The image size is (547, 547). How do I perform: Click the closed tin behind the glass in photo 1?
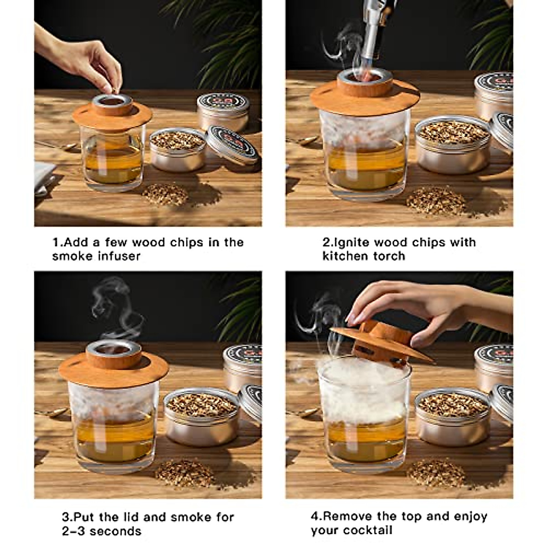(x=223, y=112)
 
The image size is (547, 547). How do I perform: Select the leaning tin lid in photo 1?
(x=232, y=144)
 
